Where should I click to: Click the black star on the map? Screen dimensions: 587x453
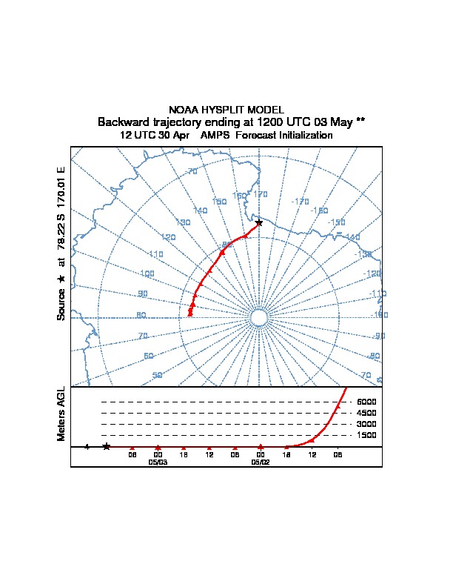click(x=258, y=222)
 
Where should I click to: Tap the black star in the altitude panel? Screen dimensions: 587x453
click(x=107, y=446)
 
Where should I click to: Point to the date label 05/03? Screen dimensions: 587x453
click(x=158, y=462)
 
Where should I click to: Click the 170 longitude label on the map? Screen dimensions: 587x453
click(x=261, y=194)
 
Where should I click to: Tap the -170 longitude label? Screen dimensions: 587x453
click(x=300, y=201)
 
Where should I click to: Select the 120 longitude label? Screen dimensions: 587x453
click(x=168, y=237)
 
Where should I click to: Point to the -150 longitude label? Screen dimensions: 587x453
click(x=337, y=222)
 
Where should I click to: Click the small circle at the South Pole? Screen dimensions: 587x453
click(x=258, y=317)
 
